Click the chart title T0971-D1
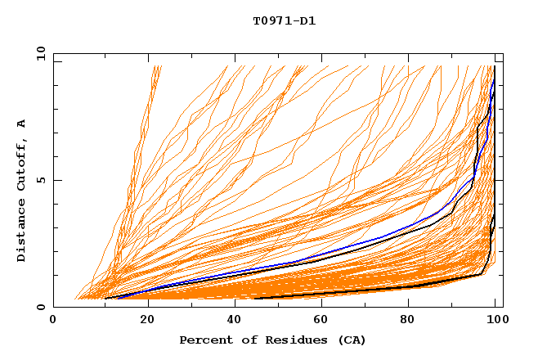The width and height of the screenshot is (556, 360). (284, 20)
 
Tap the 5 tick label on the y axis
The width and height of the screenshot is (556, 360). (40, 181)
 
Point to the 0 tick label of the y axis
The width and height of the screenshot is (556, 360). (40, 308)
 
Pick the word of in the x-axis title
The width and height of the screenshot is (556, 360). (246, 340)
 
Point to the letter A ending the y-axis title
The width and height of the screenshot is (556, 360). (21, 124)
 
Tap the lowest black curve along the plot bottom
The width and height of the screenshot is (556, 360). (368, 294)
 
